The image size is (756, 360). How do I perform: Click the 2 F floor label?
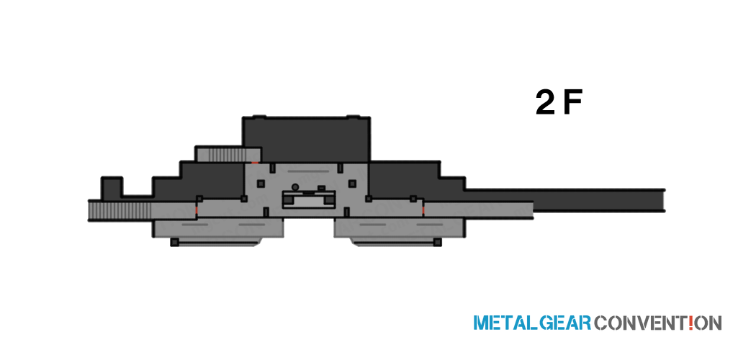click(x=559, y=103)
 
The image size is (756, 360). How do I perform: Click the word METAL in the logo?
click(x=505, y=323)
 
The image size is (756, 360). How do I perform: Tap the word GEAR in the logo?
click(x=564, y=323)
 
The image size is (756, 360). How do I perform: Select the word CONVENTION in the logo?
click(x=658, y=323)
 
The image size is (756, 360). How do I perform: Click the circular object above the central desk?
click(x=295, y=187)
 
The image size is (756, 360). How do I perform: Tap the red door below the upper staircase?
click(x=255, y=163)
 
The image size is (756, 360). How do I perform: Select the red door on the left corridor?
click(x=197, y=211)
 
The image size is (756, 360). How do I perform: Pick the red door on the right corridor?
click(x=423, y=210)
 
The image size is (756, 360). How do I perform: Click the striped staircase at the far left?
click(x=120, y=211)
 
